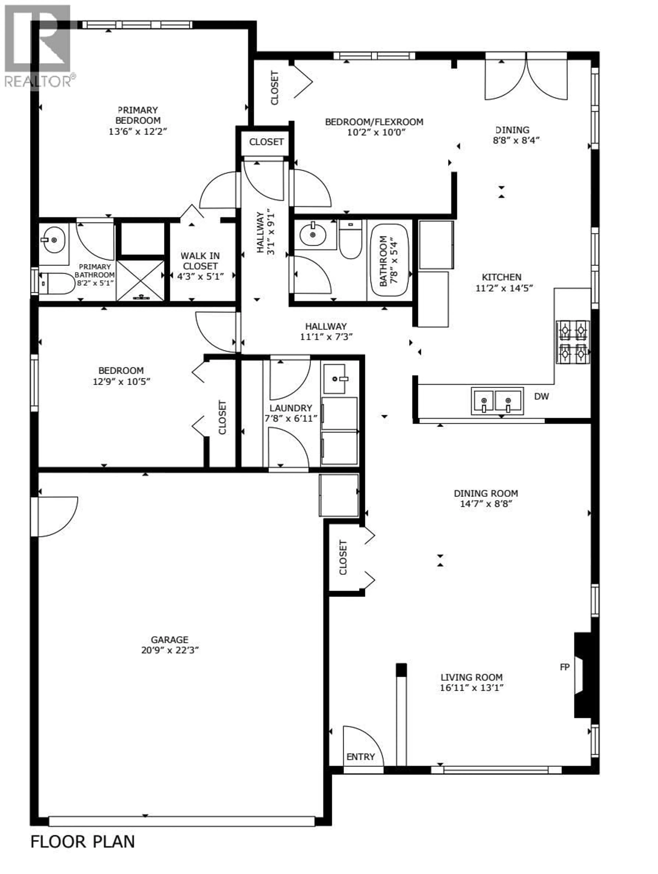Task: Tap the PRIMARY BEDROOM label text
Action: (x=138, y=115)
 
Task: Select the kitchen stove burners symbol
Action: (x=573, y=342)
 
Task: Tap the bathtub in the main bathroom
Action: (x=389, y=260)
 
